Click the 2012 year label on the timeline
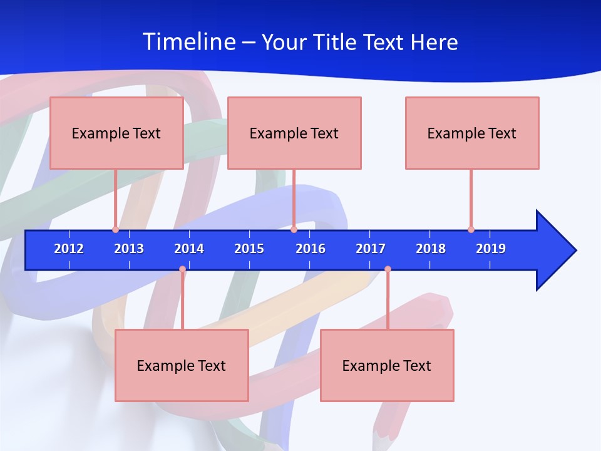[69, 249]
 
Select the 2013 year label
[129, 249]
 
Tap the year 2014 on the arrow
[189, 249]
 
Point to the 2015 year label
[249, 249]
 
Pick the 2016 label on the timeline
[311, 249]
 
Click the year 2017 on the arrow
[371, 249]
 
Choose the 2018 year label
[431, 249]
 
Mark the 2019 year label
[491, 249]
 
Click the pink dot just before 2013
[115, 229]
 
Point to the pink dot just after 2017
[388, 269]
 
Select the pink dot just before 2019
[471, 229]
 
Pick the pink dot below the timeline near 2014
[182, 269]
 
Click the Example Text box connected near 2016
[294, 133]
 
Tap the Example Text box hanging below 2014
[182, 365]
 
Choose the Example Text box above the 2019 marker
[472, 133]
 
